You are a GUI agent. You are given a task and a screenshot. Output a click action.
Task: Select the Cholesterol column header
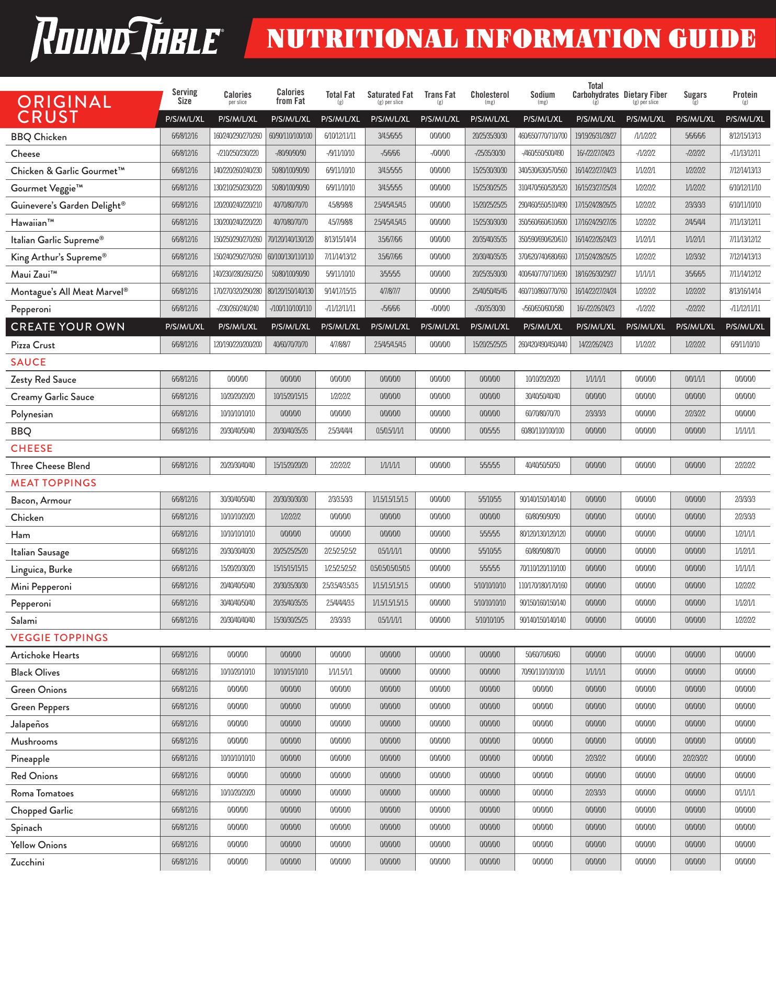(x=489, y=96)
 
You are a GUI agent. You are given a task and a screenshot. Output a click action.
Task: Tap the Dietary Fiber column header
(x=645, y=96)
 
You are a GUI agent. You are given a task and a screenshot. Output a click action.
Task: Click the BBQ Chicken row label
(x=39, y=137)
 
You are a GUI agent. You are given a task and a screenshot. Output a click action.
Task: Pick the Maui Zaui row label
(x=34, y=275)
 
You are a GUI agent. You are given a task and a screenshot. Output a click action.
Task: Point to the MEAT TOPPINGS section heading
(x=54, y=483)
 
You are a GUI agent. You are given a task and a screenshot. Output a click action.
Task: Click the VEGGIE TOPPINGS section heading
(x=60, y=637)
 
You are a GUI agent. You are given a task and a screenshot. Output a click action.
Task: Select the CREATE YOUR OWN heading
(x=68, y=327)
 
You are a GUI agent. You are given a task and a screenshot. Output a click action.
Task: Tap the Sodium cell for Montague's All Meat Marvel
(x=543, y=291)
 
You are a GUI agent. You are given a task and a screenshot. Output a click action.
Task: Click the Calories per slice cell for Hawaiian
(x=237, y=222)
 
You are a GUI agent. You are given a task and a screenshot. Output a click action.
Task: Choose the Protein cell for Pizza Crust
(x=745, y=345)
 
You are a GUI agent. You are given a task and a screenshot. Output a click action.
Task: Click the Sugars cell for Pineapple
(x=694, y=758)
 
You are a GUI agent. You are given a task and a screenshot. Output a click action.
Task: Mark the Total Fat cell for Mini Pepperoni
(x=340, y=586)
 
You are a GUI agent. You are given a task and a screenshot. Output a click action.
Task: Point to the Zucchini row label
(x=28, y=862)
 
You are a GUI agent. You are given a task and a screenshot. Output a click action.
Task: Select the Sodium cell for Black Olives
(x=543, y=672)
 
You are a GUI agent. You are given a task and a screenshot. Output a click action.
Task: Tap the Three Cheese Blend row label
(x=50, y=466)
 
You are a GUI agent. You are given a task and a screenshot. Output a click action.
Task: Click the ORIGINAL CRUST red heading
(x=64, y=109)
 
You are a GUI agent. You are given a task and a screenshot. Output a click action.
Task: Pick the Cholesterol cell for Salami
(x=489, y=620)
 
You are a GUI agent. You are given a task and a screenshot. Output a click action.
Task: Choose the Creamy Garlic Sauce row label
(x=52, y=397)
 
